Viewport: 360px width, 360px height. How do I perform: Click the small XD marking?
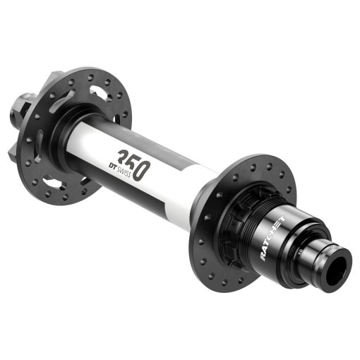tap(299, 248)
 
